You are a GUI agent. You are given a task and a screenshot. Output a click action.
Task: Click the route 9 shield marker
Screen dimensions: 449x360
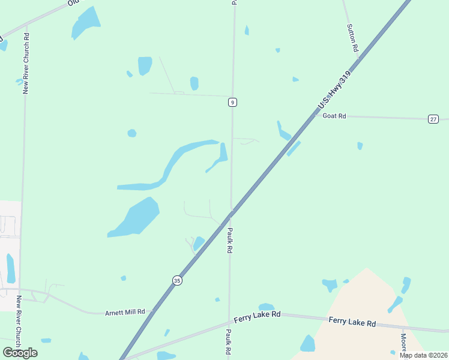[x=232, y=103]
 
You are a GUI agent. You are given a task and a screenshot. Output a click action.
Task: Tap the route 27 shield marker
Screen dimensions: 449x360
[x=433, y=119]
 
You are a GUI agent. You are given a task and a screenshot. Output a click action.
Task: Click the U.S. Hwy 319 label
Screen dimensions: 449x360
[x=334, y=91]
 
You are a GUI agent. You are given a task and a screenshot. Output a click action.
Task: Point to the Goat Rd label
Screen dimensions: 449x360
[x=334, y=116]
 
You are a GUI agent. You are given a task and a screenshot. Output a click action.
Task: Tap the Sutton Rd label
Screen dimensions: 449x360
[x=353, y=37]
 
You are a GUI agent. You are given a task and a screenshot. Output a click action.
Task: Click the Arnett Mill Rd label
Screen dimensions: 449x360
[x=125, y=312]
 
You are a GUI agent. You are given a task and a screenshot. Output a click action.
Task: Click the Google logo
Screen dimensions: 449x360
[x=20, y=352]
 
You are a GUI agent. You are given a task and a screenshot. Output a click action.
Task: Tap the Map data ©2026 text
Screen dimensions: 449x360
[x=423, y=355]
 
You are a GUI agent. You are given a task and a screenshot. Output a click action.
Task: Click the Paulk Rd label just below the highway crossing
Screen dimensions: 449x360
[x=229, y=240]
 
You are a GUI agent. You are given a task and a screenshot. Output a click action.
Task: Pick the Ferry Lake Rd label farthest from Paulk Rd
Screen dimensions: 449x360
[x=352, y=322]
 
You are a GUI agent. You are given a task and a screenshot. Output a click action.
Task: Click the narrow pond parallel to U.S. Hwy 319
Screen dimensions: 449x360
[x=294, y=148]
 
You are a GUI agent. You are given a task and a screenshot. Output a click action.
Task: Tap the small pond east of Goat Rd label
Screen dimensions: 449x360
[x=360, y=146]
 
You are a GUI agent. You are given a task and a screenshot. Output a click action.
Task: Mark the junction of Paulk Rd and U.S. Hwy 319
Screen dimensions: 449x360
[x=231, y=212]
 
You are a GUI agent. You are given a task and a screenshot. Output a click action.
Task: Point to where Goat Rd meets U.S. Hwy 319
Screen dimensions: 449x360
[x=313, y=116]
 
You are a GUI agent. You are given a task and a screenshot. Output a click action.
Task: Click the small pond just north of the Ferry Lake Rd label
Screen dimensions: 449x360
[x=266, y=307]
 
